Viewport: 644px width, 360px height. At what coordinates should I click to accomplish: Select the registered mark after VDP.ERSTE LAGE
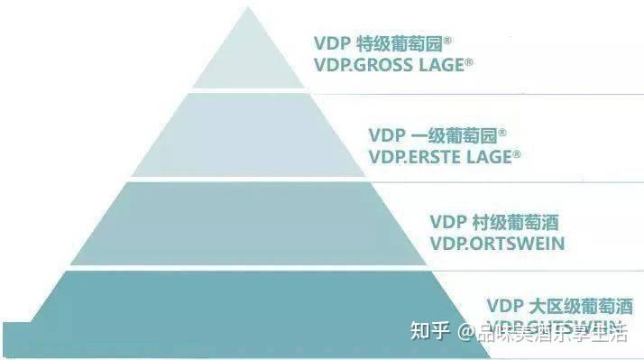coord(517,153)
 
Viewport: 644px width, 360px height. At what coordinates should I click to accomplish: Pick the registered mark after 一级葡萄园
coord(503,132)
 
